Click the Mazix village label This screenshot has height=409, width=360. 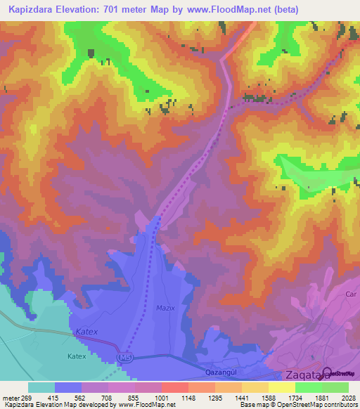(x=165, y=309)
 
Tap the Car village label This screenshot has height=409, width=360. (x=352, y=294)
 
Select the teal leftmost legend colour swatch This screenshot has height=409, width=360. (x=41, y=388)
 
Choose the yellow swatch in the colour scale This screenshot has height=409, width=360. (x=282, y=388)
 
